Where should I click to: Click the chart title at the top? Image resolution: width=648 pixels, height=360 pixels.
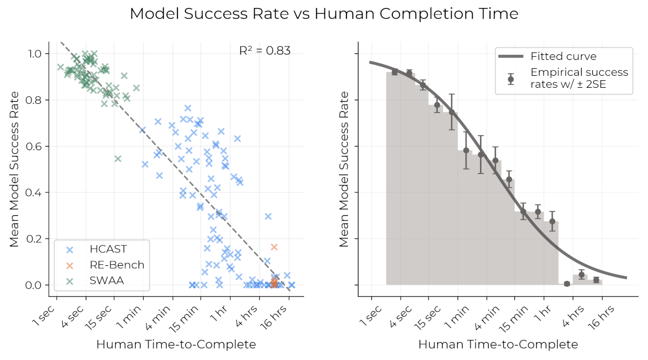(x=324, y=14)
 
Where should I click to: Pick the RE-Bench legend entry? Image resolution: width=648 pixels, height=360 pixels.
(x=117, y=265)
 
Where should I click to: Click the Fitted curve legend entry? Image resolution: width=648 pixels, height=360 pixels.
(x=563, y=56)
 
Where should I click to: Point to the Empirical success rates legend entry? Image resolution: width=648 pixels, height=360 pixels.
(x=578, y=78)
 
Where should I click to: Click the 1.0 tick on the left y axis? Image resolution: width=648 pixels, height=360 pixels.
(x=41, y=54)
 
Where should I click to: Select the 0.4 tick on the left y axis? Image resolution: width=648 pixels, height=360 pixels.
(x=41, y=192)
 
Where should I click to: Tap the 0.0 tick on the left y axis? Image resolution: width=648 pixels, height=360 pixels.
(x=41, y=285)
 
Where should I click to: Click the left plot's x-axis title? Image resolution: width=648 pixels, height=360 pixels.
(x=175, y=345)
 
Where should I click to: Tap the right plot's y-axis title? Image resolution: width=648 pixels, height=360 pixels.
(x=343, y=169)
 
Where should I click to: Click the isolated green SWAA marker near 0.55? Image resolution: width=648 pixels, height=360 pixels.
(x=118, y=159)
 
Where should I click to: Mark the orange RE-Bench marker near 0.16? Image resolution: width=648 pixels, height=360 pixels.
(x=274, y=247)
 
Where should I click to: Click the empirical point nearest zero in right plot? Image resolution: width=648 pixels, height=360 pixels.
(x=567, y=284)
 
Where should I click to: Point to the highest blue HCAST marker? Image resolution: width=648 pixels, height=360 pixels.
(x=188, y=108)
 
